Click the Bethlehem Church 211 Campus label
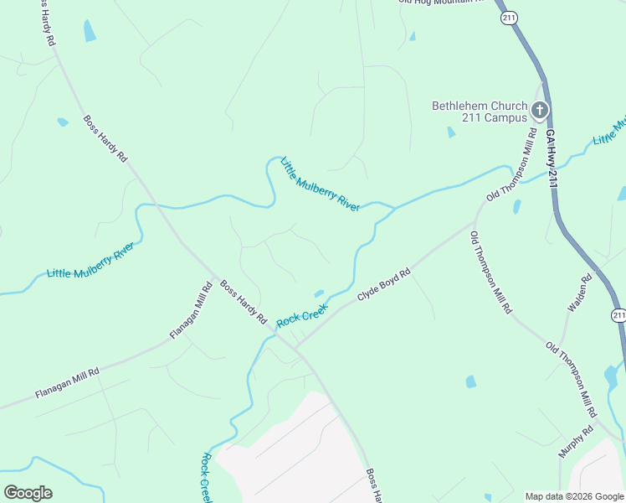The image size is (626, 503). [x=480, y=111]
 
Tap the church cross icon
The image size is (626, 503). [x=540, y=109]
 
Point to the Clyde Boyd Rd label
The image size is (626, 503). [x=384, y=285]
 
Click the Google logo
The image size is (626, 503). [x=28, y=492]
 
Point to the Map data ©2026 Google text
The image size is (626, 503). [x=573, y=496]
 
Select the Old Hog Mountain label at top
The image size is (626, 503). [x=442, y=2]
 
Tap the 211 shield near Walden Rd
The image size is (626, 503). [x=618, y=315]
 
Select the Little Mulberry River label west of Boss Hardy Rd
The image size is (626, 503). [x=91, y=262]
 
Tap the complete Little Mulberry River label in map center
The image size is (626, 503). [x=321, y=184]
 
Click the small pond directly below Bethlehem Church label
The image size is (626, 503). [x=451, y=132]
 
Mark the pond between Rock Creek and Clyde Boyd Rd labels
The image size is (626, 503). [x=319, y=293]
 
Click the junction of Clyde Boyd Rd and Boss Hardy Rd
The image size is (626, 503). [x=295, y=347]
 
